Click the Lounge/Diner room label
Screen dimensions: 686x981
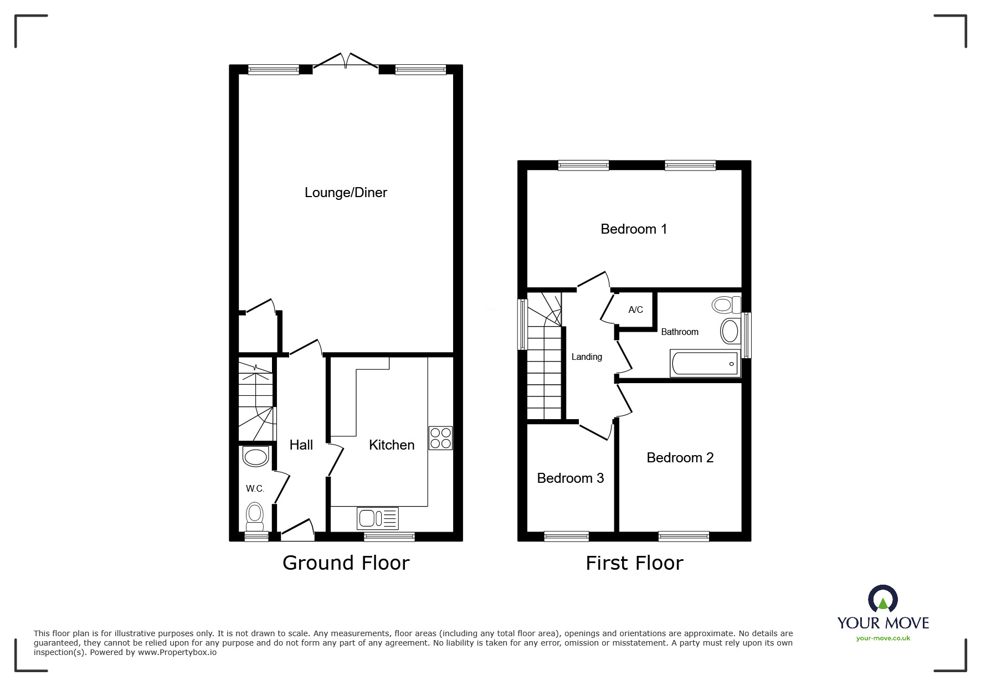click(x=346, y=193)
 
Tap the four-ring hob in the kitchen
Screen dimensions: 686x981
click(x=440, y=438)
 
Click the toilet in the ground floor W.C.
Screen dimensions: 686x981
click(x=254, y=515)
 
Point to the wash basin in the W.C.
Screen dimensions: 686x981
click(x=255, y=457)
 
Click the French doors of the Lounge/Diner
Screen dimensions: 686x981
click(x=346, y=61)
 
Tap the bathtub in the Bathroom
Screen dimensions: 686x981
click(x=705, y=364)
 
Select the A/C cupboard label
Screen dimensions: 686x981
click(x=635, y=310)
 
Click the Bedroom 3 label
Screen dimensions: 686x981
click(x=570, y=478)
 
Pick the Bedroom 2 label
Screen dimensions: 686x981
click(x=680, y=458)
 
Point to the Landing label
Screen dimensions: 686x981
click(x=587, y=357)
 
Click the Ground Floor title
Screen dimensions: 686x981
click(x=346, y=563)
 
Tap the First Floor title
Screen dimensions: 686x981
click(x=634, y=564)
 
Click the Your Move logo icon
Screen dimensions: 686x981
click(x=882, y=600)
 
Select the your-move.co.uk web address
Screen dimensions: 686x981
click(x=883, y=638)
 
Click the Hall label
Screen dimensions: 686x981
click(x=301, y=445)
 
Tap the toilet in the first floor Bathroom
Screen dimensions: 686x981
click(x=727, y=305)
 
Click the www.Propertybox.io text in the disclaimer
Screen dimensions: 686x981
click(x=177, y=652)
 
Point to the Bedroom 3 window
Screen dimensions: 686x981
click(x=566, y=536)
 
